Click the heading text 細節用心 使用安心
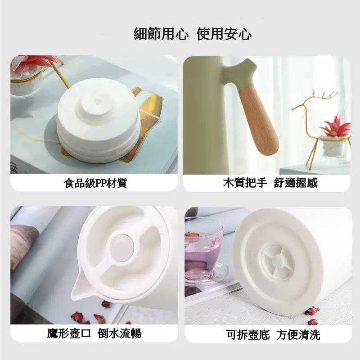pyautogui.click(x=193, y=34)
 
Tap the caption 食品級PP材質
pyautogui.click(x=95, y=183)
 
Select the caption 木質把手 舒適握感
pyautogui.click(x=270, y=183)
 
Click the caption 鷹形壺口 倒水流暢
pyautogui.click(x=94, y=333)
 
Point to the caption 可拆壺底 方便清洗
pyautogui.click(x=273, y=335)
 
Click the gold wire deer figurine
pyautogui.click(x=319, y=129)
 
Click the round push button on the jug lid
pyautogui.click(x=121, y=248)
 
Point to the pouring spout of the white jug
pyautogui.click(x=83, y=288)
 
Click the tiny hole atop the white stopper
pyautogui.click(x=98, y=100)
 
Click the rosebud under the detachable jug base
pyautogui.click(x=312, y=311)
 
